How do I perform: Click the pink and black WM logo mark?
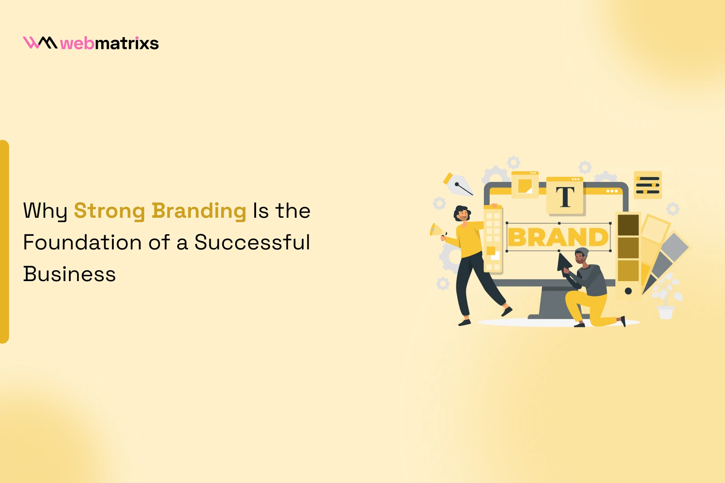click(x=40, y=43)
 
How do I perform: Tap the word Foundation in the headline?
click(x=82, y=242)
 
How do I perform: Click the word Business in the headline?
click(x=69, y=274)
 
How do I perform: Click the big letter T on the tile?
click(x=565, y=197)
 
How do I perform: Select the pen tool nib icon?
click(x=458, y=185)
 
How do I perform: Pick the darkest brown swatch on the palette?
click(x=628, y=225)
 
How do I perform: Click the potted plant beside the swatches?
click(x=666, y=296)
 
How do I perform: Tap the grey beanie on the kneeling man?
click(x=582, y=252)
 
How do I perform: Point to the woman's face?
click(x=463, y=215)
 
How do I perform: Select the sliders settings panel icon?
click(x=648, y=185)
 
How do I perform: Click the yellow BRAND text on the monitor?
click(x=558, y=237)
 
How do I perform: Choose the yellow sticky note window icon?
click(x=525, y=185)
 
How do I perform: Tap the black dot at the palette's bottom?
click(x=628, y=291)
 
